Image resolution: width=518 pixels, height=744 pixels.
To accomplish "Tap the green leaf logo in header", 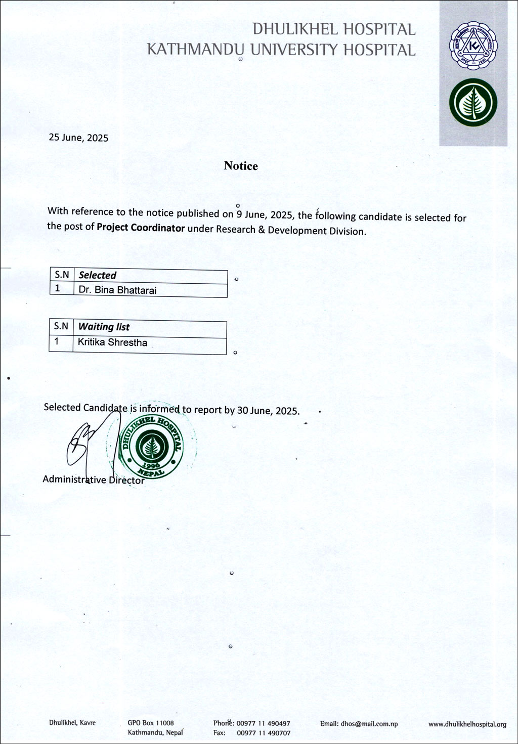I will (473, 103).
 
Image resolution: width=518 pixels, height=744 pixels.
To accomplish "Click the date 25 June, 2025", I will (78, 138).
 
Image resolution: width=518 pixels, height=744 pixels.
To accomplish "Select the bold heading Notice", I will (241, 166).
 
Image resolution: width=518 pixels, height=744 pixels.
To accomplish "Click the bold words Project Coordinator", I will (141, 228).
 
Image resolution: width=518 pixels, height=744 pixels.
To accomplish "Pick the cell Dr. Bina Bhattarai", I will (117, 290).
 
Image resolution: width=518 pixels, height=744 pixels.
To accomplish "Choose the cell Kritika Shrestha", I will (112, 342).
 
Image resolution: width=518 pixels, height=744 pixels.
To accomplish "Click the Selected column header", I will (98, 276).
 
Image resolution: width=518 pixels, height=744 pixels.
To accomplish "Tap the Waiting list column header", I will (104, 327).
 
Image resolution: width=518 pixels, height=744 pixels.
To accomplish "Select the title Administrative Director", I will (94, 479).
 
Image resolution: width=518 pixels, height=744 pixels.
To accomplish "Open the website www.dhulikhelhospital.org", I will (467, 724).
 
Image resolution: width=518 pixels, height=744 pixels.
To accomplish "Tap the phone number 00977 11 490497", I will (263, 724).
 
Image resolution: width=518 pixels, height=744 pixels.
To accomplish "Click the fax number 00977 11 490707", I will (263, 733).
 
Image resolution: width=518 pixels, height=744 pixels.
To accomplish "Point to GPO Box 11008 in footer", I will (151, 723).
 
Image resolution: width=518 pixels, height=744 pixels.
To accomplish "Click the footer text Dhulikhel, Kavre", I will (72, 723).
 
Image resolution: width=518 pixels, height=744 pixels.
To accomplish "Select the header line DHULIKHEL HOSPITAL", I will (334, 30).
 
